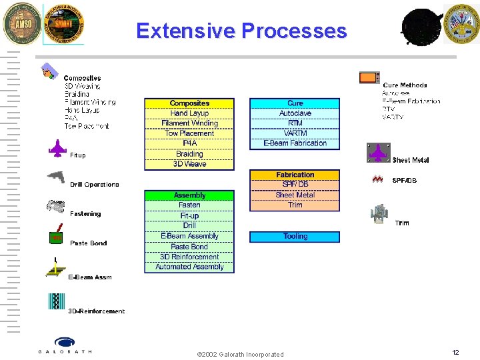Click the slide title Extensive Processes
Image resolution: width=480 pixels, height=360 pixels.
coord(241,31)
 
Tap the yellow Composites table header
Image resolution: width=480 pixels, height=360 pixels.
coord(189,103)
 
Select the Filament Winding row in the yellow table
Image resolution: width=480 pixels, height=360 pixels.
coord(189,123)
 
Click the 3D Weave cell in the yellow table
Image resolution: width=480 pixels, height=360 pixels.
coord(189,164)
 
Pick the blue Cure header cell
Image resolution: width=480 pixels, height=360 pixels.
coord(295,103)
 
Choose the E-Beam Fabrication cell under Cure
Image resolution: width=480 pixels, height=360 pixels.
coord(295,143)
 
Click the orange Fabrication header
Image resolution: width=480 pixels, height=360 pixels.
coord(295,175)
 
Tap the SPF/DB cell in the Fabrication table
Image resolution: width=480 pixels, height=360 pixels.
coord(295,185)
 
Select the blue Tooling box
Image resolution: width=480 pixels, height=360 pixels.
coord(295,236)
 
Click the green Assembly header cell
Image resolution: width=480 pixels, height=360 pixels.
coord(189,195)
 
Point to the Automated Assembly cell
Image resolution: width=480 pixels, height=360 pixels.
coord(189,267)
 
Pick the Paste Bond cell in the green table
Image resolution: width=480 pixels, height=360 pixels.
coord(189,247)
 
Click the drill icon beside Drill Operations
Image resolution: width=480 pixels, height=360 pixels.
coord(56,177)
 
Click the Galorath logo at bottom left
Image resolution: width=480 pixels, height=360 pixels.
coord(65,345)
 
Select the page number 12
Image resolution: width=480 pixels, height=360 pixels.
coord(455,352)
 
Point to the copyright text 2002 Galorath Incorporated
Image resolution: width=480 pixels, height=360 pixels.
coord(241,354)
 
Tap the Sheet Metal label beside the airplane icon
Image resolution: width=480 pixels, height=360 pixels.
coord(411,160)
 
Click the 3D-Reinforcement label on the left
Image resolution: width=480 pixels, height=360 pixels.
coord(96,311)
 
